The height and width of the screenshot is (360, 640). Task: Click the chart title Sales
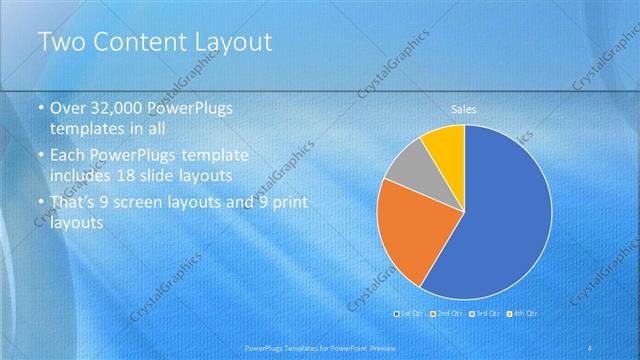pyautogui.click(x=463, y=108)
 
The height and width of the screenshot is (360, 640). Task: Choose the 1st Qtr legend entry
pyautogui.click(x=411, y=314)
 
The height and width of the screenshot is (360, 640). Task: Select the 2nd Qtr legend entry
pyautogui.click(x=447, y=314)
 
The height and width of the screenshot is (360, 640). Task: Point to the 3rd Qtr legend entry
pyautogui.click(x=484, y=314)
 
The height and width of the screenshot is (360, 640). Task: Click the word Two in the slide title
pyautogui.click(x=61, y=42)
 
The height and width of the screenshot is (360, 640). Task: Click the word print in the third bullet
pyautogui.click(x=291, y=202)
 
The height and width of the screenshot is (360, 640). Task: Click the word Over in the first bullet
pyautogui.click(x=68, y=108)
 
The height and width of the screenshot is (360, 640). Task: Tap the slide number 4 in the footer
pyautogui.click(x=593, y=347)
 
